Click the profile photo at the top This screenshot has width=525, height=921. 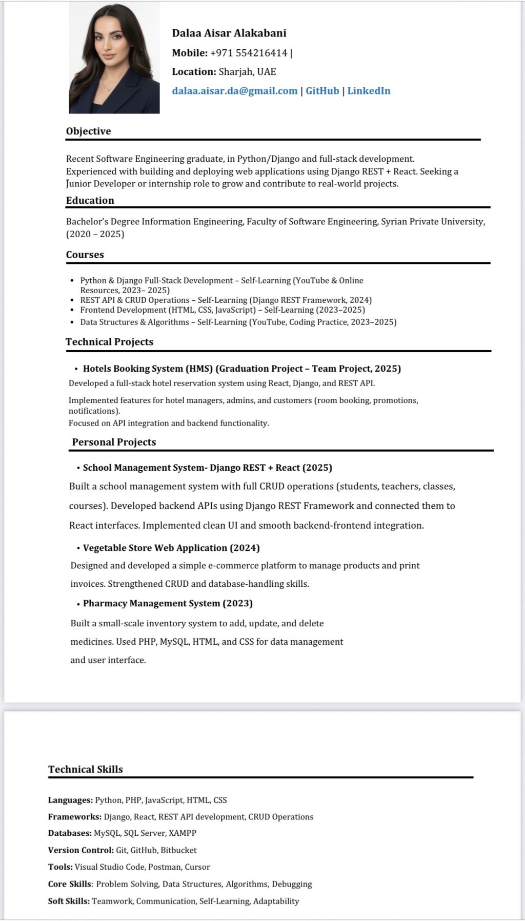[x=114, y=57]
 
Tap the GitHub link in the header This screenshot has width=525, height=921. [x=322, y=91]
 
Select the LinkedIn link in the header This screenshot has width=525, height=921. [x=369, y=91]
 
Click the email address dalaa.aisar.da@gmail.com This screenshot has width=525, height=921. [x=235, y=91]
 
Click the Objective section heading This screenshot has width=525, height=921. [x=88, y=131]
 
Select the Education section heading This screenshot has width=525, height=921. [x=90, y=200]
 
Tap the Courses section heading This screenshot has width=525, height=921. [x=85, y=255]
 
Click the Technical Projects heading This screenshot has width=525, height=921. [x=109, y=342]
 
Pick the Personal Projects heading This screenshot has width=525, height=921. [x=114, y=442]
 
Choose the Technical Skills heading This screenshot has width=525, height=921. [x=86, y=769]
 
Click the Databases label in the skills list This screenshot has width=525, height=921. [x=70, y=833]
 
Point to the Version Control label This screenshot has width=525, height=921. [x=80, y=850]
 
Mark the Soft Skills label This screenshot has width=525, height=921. [x=69, y=901]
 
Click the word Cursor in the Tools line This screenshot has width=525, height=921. [x=197, y=867]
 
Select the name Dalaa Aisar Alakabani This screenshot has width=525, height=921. [x=229, y=33]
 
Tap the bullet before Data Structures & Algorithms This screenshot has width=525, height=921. [x=71, y=322]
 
